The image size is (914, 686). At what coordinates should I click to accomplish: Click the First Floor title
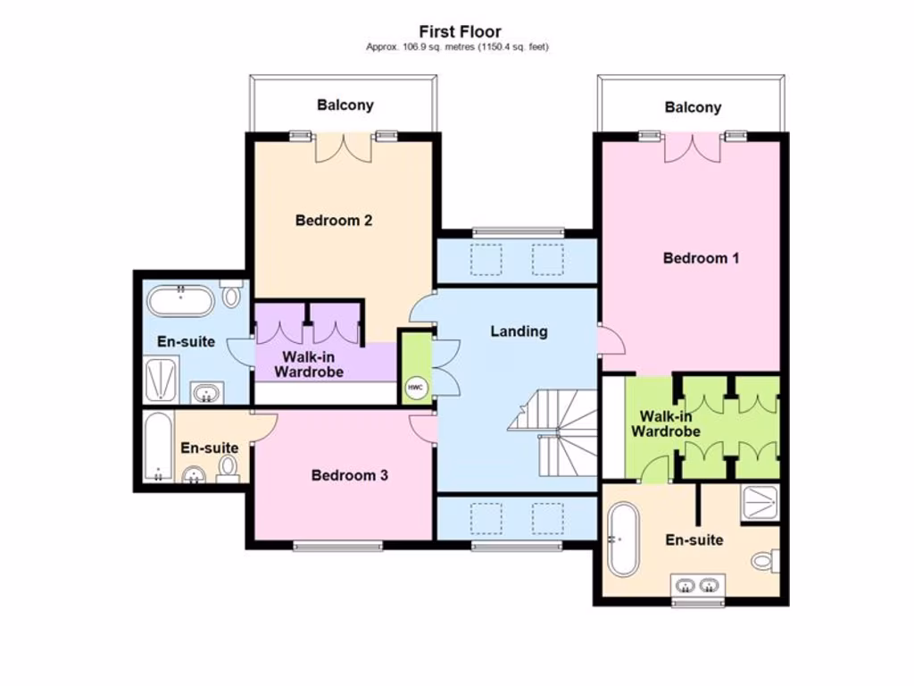click(460, 32)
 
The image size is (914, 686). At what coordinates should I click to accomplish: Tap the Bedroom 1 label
click(701, 258)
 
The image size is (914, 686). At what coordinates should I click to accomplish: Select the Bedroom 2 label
click(333, 221)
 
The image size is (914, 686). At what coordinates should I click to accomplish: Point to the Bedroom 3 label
click(349, 475)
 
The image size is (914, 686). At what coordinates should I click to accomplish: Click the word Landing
click(519, 331)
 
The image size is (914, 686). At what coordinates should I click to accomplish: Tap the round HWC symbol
click(415, 388)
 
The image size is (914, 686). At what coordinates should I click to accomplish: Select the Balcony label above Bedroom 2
click(345, 105)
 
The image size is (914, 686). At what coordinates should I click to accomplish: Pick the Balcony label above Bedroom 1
click(693, 107)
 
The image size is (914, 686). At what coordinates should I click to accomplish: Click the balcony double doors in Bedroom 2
click(343, 147)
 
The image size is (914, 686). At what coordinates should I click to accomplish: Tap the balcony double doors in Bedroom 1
click(692, 147)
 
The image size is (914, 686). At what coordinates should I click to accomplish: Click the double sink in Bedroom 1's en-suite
click(698, 586)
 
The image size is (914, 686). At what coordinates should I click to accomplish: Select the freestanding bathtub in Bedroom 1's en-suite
click(621, 540)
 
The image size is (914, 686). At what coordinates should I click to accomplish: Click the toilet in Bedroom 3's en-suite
click(228, 467)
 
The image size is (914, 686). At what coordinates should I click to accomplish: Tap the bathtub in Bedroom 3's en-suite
click(158, 447)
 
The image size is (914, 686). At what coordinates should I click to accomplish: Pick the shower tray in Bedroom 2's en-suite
click(162, 380)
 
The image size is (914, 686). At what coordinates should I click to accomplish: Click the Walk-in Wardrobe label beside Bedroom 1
click(665, 423)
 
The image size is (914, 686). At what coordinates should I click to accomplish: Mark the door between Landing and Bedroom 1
click(609, 340)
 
